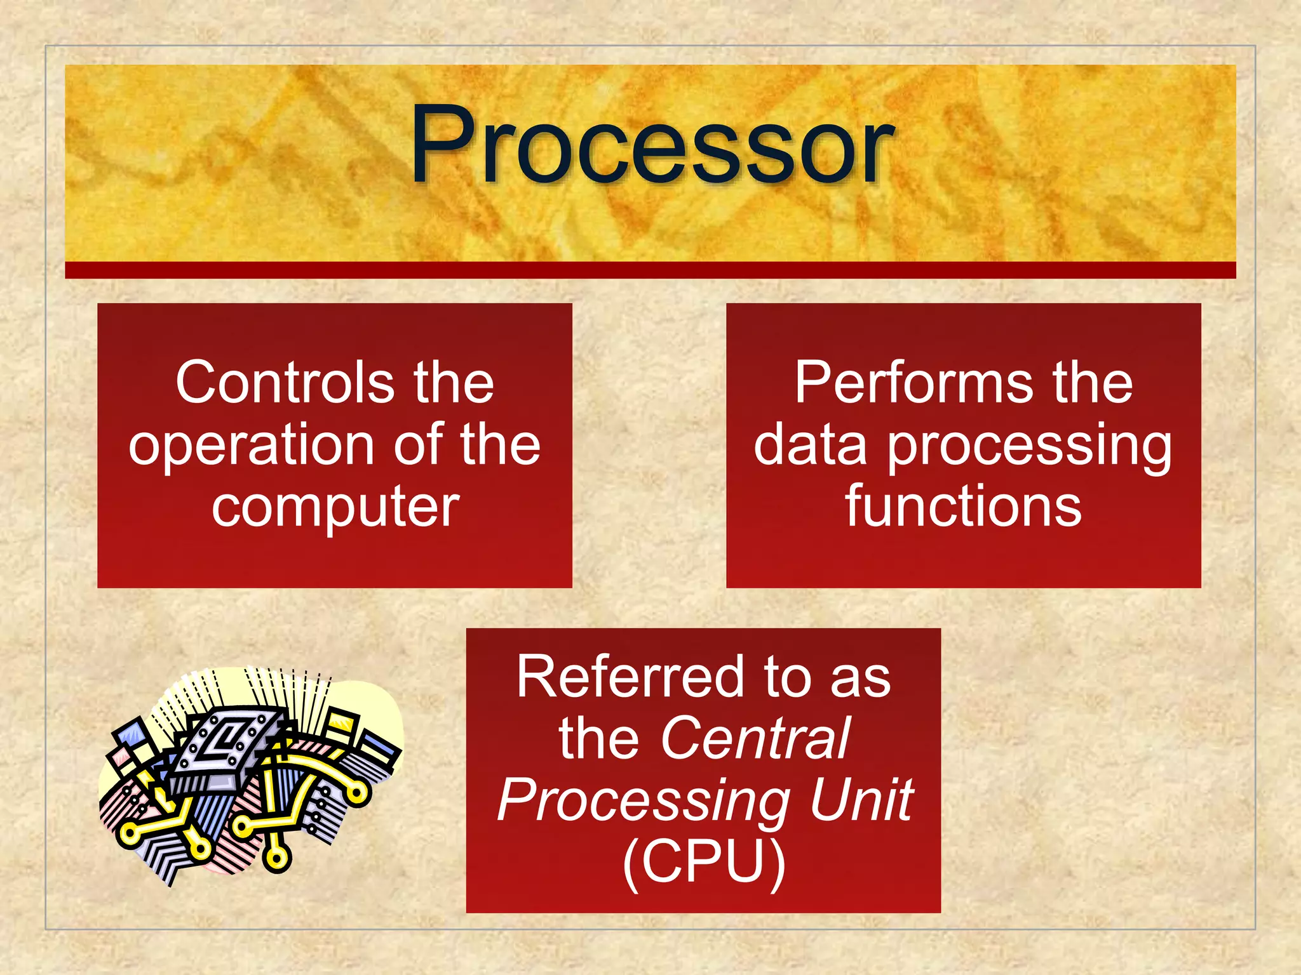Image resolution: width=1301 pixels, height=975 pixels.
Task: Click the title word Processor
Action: [652, 145]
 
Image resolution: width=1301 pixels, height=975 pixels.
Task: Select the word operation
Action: [252, 446]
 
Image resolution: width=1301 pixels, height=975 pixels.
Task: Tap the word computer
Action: [335, 507]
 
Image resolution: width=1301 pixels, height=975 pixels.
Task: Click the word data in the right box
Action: [810, 446]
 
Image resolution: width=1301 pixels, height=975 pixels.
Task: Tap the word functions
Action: [963, 507]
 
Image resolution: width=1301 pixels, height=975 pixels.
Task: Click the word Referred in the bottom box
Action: [630, 677]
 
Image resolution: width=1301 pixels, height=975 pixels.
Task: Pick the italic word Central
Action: [755, 738]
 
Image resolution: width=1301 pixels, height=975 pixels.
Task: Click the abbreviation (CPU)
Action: [703, 861]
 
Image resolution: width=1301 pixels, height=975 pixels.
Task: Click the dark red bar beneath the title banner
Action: [650, 270]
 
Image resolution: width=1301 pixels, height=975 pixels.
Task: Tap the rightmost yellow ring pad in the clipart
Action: [358, 793]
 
